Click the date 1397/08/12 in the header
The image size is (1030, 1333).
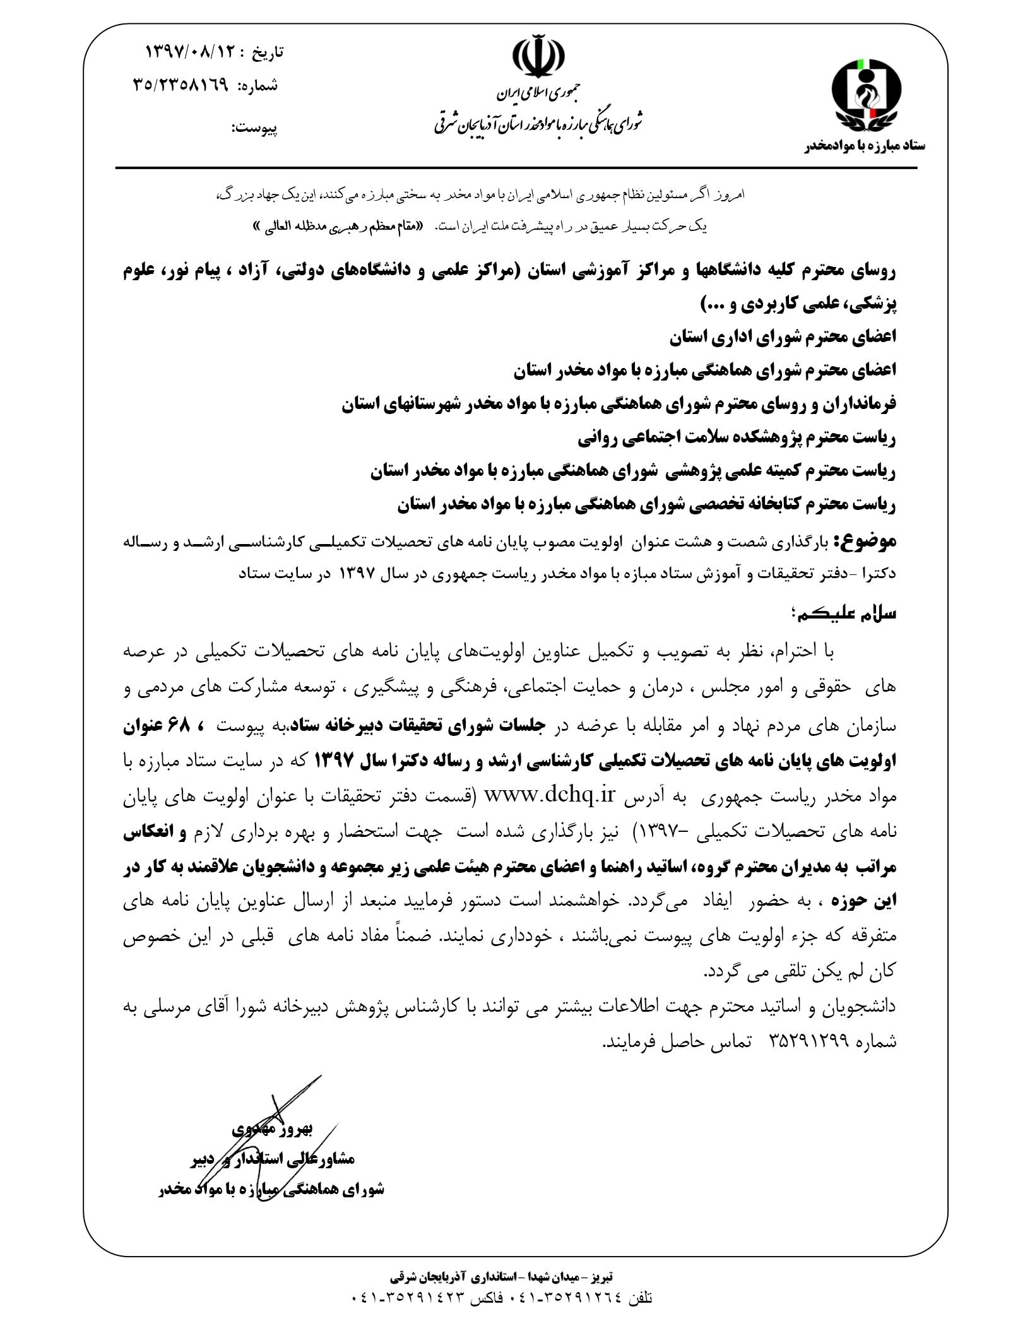click(190, 52)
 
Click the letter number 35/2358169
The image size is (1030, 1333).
click(180, 85)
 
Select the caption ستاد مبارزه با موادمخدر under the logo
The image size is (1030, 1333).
click(864, 146)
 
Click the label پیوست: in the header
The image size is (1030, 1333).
click(255, 129)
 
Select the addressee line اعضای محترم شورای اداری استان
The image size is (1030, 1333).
click(783, 338)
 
